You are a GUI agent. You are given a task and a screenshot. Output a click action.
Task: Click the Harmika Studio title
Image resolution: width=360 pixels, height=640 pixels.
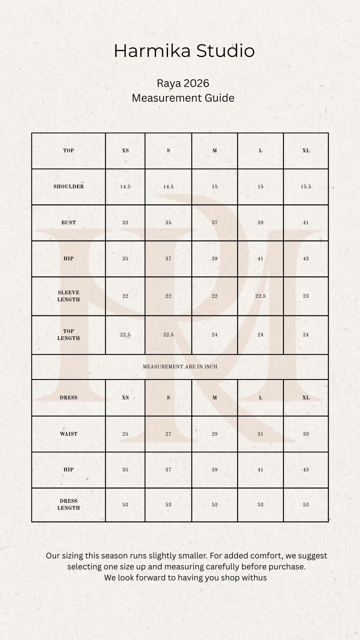184,51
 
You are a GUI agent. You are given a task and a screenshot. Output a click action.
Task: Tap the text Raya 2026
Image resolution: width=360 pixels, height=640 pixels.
183,83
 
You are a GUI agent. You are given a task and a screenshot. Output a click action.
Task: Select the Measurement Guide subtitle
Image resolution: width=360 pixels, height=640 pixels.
183,98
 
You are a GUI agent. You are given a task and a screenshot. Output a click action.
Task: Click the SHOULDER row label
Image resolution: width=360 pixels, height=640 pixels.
69,187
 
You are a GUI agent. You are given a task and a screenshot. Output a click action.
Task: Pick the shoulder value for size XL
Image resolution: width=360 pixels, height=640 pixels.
306,187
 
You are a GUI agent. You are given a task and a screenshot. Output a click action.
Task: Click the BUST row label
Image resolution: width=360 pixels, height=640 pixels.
69,223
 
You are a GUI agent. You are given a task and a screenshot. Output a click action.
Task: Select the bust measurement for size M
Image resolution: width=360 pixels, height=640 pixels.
214,223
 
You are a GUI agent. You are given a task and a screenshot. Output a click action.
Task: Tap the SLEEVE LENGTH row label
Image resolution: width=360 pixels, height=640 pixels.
69,296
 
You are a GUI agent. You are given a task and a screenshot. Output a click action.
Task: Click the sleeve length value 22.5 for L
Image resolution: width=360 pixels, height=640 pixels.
260,296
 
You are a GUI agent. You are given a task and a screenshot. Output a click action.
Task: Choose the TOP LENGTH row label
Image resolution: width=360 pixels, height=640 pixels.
69,335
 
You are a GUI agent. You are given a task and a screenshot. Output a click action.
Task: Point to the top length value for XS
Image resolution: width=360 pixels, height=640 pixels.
125,335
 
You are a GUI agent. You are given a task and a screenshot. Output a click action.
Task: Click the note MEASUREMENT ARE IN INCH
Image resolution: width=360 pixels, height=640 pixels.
180,367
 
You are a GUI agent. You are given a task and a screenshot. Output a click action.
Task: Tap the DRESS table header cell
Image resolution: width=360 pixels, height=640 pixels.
69,398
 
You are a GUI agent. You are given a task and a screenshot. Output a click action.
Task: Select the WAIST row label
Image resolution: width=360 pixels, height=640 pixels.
69,434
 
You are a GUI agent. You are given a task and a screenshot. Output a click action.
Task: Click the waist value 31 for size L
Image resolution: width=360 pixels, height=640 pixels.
260,434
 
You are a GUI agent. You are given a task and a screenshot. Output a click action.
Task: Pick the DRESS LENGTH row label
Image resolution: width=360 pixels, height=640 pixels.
69,505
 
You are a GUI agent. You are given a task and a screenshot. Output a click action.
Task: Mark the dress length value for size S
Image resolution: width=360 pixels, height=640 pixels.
168,505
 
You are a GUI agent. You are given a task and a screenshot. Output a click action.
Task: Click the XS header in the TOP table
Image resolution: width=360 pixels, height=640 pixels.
125,151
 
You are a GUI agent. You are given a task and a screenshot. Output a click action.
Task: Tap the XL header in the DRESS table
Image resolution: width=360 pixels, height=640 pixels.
306,398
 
